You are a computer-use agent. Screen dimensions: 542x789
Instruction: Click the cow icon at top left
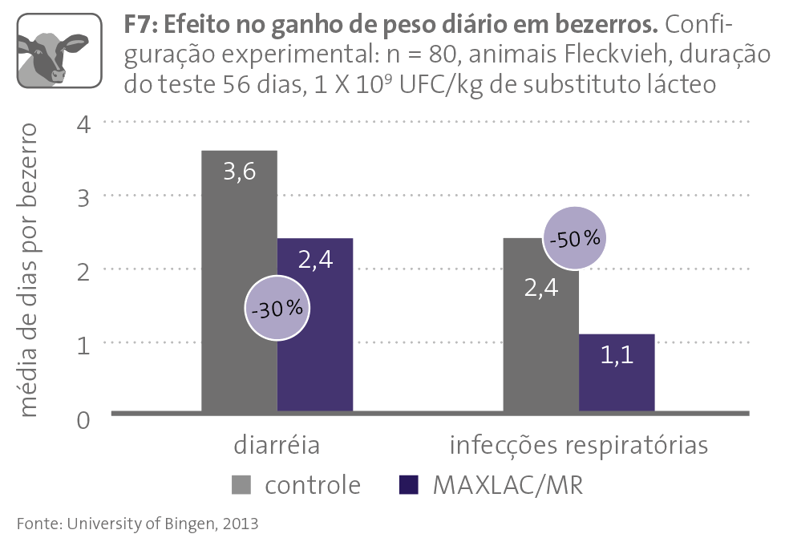[59, 51]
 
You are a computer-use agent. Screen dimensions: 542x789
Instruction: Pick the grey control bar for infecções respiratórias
[540, 353]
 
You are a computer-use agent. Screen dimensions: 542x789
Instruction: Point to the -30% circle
[276, 309]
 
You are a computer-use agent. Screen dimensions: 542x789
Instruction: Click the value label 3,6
[239, 171]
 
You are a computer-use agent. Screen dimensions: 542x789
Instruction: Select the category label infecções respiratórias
[579, 446]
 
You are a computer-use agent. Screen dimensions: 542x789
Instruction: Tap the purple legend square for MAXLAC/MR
[408, 485]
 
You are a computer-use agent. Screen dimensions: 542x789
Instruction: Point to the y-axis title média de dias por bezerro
[29, 270]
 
